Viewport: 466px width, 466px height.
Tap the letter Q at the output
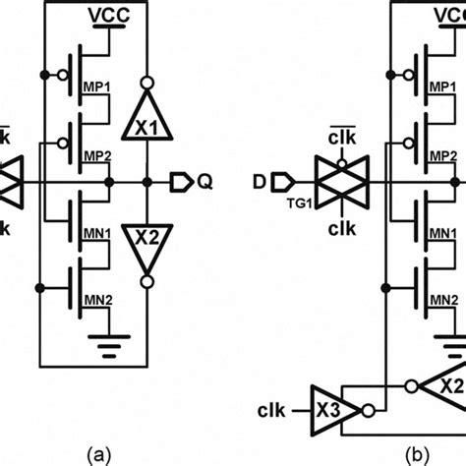[205, 182]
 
